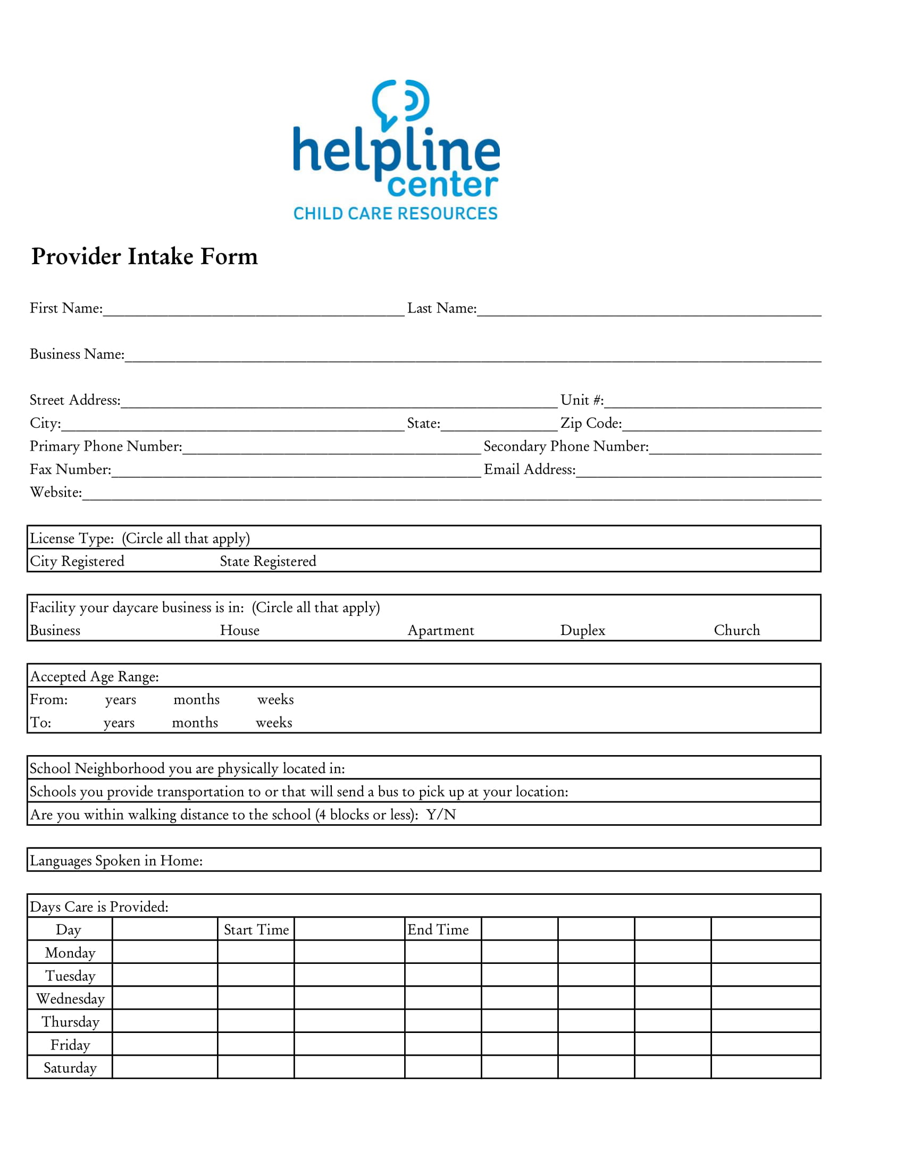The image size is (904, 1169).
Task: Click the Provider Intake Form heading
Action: [x=145, y=257]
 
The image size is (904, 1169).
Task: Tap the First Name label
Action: [x=66, y=308]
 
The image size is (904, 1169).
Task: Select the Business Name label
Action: [x=77, y=354]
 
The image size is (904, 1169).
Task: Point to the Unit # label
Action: [x=582, y=400]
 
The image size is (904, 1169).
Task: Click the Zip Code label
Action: [x=591, y=423]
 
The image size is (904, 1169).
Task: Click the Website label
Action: [x=56, y=493]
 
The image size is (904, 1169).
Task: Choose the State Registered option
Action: [x=268, y=562]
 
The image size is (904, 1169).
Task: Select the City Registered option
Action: [x=77, y=562]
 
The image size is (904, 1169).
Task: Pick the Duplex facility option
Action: [x=582, y=631]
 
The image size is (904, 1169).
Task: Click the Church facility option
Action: [x=736, y=631]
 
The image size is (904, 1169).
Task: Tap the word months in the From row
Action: [x=197, y=700]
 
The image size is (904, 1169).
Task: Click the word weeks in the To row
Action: [x=274, y=723]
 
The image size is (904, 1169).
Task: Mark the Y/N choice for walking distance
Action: [x=441, y=815]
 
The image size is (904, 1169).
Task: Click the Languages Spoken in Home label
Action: [x=116, y=861]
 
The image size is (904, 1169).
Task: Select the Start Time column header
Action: [x=256, y=930]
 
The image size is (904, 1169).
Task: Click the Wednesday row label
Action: [x=70, y=999]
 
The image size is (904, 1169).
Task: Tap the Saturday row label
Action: [x=70, y=1068]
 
